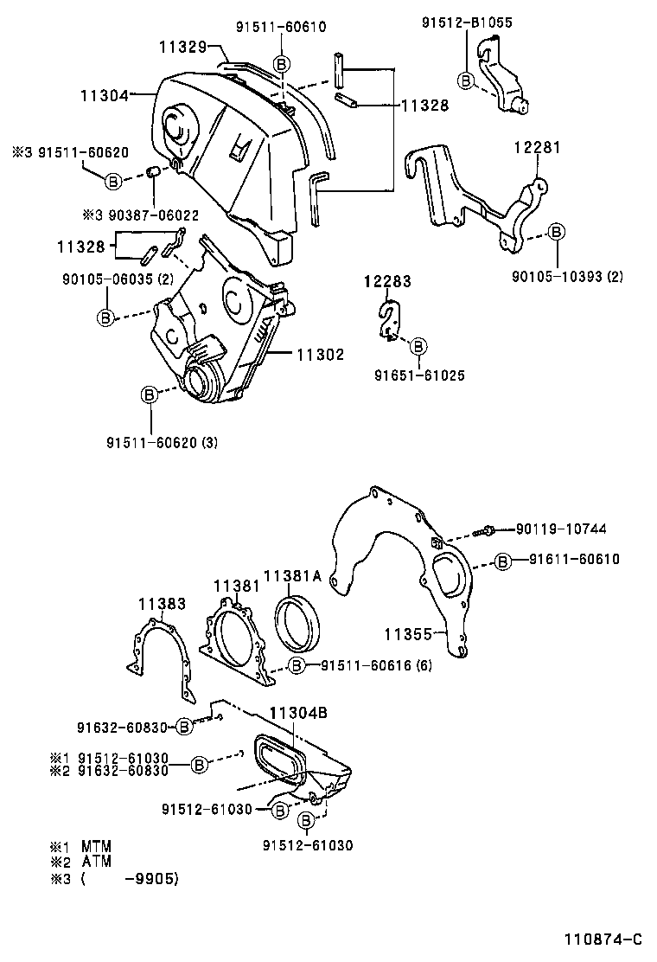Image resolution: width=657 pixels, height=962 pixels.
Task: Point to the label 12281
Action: (x=539, y=148)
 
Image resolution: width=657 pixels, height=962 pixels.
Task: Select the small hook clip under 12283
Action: (x=389, y=317)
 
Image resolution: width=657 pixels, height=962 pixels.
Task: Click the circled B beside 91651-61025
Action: (x=418, y=346)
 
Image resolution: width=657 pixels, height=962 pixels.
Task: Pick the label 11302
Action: (x=321, y=354)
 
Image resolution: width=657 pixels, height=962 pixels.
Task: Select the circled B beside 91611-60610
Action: (x=502, y=561)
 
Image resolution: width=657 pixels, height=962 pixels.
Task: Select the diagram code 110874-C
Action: (x=604, y=939)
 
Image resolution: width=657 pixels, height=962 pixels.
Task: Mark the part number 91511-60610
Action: (x=281, y=27)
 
